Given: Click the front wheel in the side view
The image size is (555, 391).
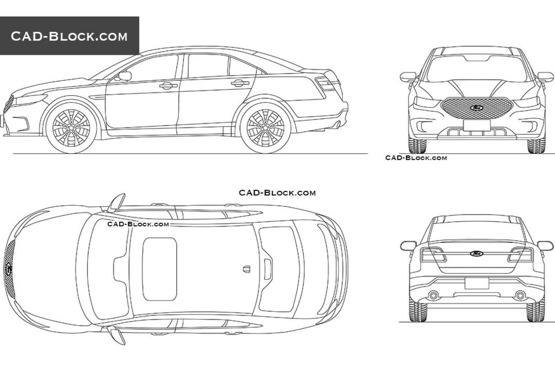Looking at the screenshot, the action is pyautogui.click(x=71, y=128).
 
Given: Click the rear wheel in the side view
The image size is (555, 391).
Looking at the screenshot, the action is pyautogui.click(x=266, y=128).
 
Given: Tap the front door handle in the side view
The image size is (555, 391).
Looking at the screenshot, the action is pyautogui.click(x=168, y=85).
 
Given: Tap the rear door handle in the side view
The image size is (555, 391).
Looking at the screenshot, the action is pyautogui.click(x=240, y=84).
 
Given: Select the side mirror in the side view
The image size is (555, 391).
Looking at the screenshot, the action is pyautogui.click(x=125, y=76).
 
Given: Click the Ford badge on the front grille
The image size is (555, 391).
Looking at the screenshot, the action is pyautogui.click(x=477, y=107).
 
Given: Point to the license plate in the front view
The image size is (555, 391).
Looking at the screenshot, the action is pyautogui.click(x=477, y=125).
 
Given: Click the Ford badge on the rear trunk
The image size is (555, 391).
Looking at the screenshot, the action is pyautogui.click(x=477, y=253).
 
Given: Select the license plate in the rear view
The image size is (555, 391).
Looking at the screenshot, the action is pyautogui.click(x=477, y=283).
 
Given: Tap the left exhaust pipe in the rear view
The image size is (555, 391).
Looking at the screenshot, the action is pyautogui.click(x=433, y=295).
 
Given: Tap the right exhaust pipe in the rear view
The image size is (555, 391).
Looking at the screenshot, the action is pyautogui.click(x=520, y=295).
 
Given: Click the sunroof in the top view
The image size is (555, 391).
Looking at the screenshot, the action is pyautogui.click(x=160, y=269).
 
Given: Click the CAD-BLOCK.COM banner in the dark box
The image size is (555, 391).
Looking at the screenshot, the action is pyautogui.click(x=70, y=36).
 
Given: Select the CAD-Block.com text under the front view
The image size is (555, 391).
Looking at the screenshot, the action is pyautogui.click(x=416, y=158).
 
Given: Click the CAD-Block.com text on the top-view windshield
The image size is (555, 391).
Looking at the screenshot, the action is pyautogui.click(x=138, y=224).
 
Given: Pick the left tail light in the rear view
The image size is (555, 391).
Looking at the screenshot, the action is pyautogui.click(x=432, y=254).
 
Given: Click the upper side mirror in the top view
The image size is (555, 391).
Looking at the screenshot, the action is pyautogui.click(x=117, y=202).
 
